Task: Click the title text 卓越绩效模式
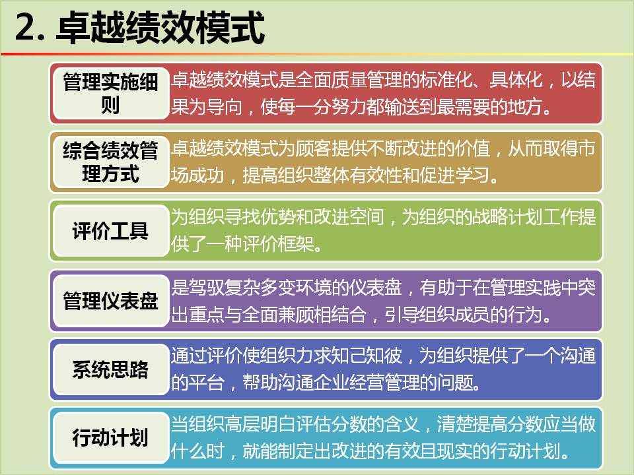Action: coord(160,28)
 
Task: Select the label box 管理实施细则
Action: coord(110,93)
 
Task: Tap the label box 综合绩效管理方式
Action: coord(110,162)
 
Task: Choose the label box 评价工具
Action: coord(110,231)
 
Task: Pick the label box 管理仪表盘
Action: coord(110,301)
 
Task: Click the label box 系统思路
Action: coord(110,369)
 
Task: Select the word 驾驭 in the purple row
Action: coord(207,287)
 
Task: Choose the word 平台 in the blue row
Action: coord(207,382)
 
